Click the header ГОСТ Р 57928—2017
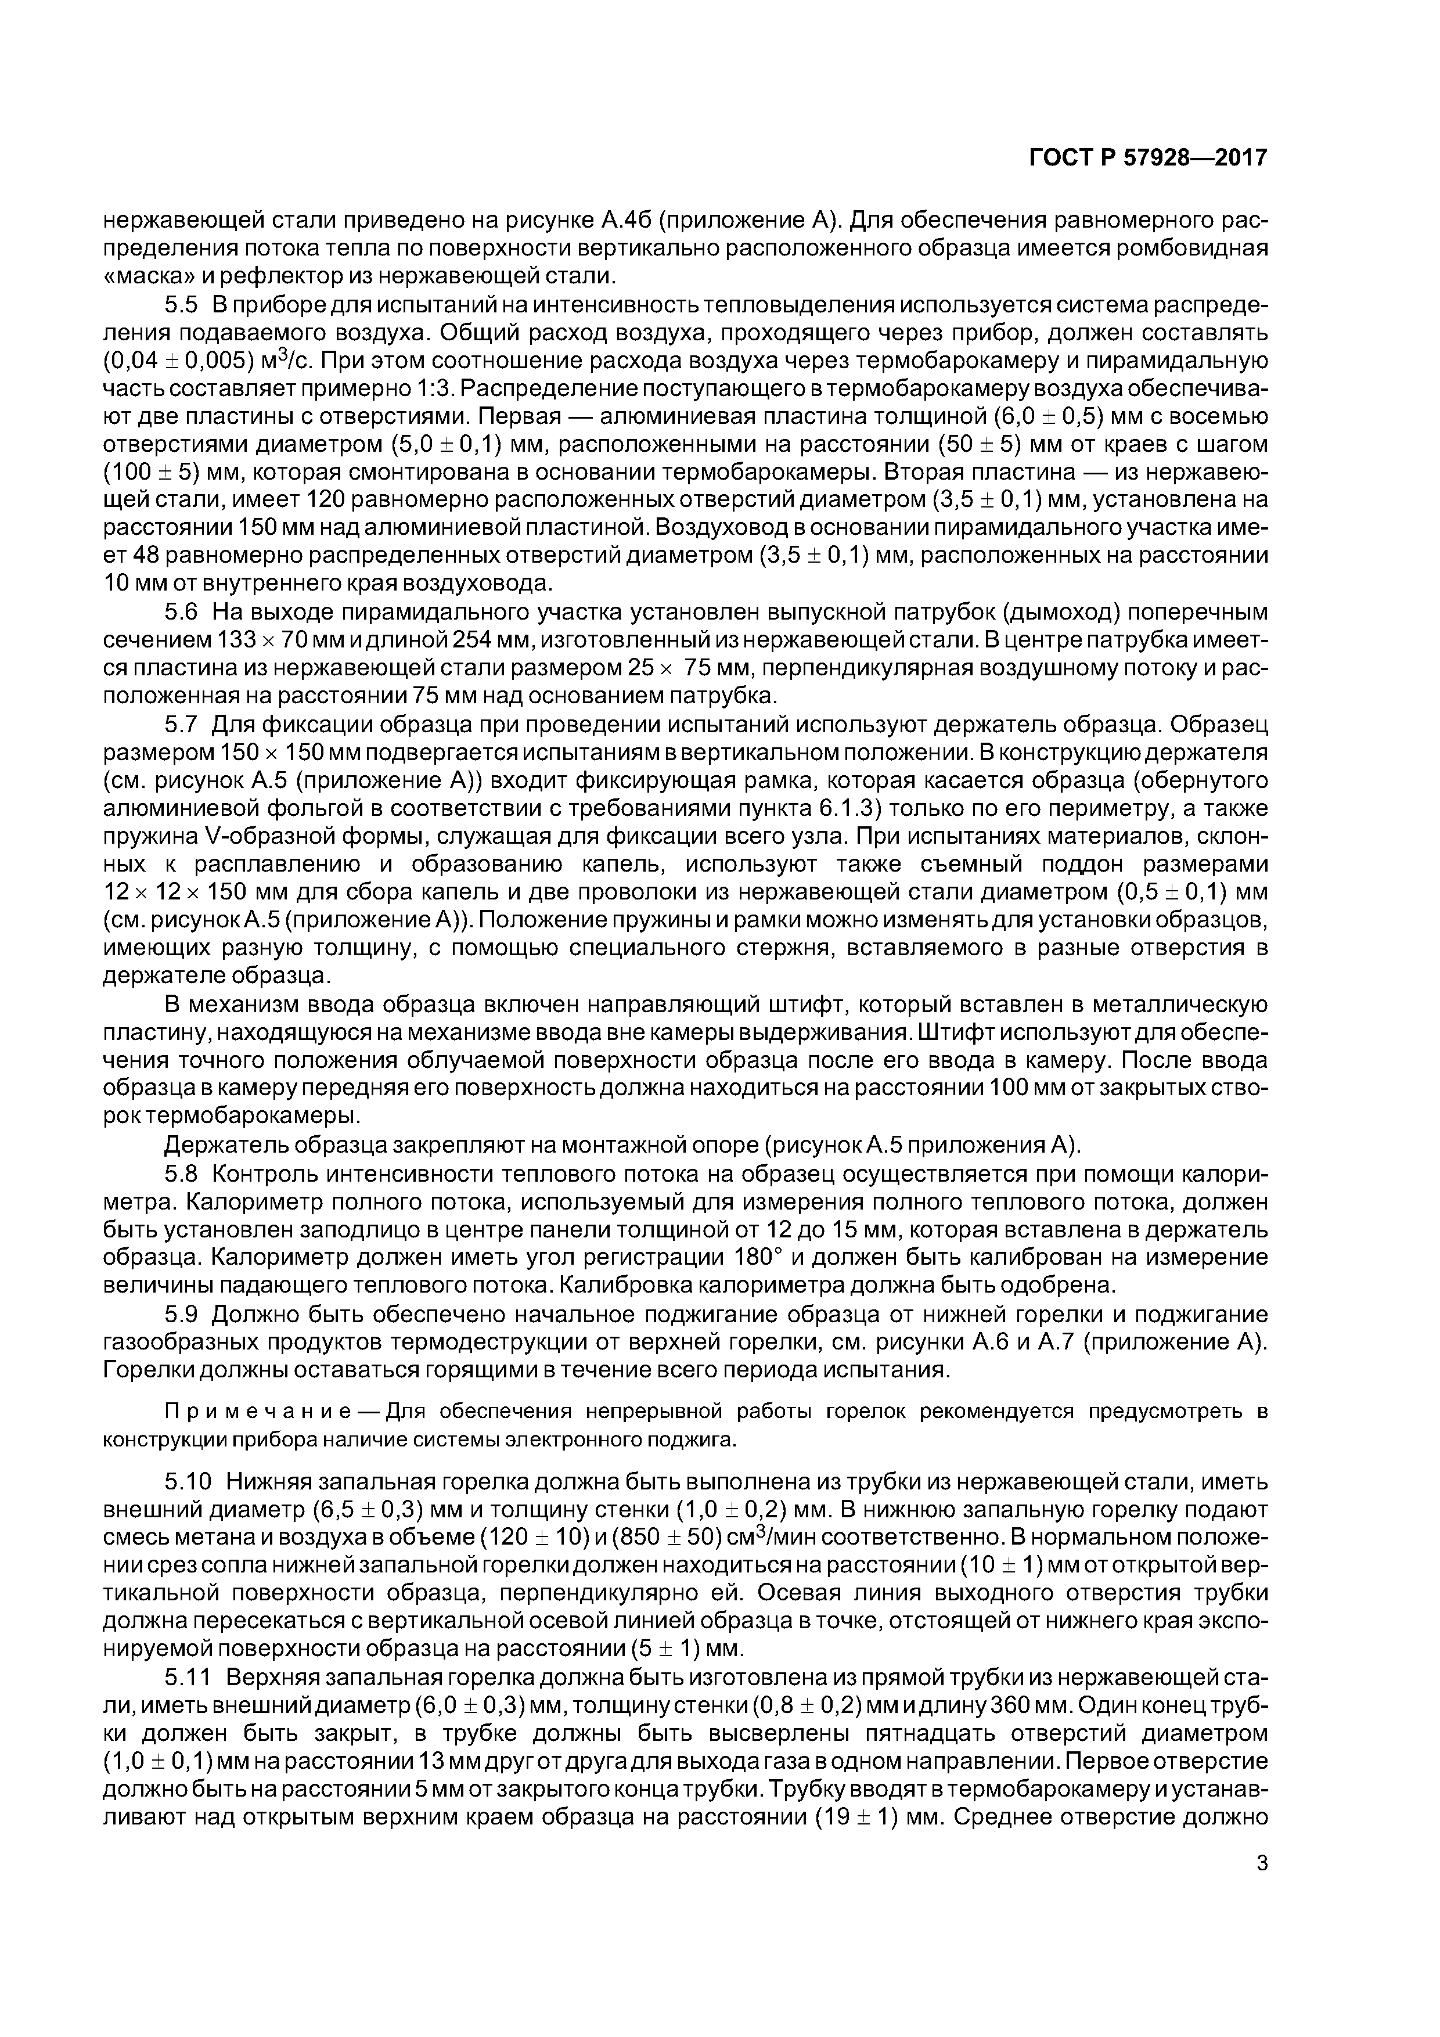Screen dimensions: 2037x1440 tap(1148, 158)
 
